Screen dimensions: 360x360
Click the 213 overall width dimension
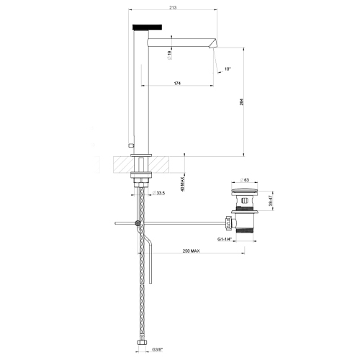point(173,8)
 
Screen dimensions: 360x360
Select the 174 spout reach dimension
point(177,84)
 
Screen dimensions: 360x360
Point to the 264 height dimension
point(242,102)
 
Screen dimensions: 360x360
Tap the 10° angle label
point(228,69)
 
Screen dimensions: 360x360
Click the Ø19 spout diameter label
point(169,55)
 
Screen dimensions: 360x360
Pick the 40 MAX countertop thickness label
point(182,184)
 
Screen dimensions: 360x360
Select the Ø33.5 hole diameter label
point(158,193)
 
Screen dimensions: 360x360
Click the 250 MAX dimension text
point(192,251)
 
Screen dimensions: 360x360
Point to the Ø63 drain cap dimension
point(245,180)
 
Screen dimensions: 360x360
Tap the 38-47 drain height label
point(271,200)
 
